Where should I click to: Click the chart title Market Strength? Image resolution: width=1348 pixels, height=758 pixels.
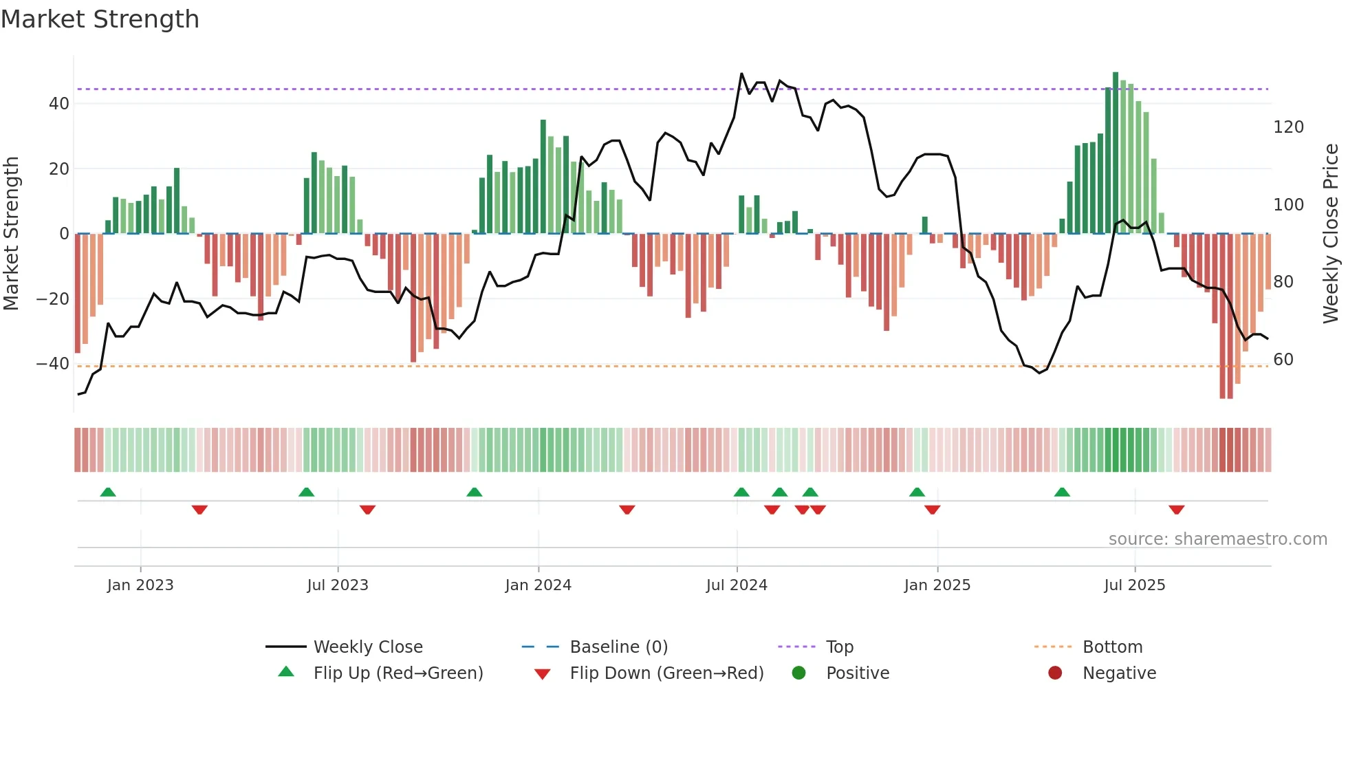[100, 19]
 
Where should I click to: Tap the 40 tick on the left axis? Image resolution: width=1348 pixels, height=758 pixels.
[59, 104]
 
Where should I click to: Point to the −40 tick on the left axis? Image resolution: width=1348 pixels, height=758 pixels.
[53, 364]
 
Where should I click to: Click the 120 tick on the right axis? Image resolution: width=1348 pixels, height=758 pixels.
[1288, 127]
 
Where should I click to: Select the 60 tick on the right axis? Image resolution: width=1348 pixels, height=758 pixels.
[1283, 360]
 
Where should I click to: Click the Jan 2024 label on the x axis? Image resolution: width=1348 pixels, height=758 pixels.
[538, 585]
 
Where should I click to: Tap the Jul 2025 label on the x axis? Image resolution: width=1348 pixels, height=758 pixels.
[1134, 585]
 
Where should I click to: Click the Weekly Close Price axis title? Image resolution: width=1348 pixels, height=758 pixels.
[1331, 234]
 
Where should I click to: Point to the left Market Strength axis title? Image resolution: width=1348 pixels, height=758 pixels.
[11, 234]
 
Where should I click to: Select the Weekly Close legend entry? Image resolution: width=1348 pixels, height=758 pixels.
[367, 647]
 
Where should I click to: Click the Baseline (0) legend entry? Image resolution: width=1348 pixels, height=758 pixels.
[618, 647]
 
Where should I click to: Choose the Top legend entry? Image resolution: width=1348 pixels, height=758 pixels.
[839, 647]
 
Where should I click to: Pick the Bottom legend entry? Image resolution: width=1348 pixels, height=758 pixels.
[1112, 647]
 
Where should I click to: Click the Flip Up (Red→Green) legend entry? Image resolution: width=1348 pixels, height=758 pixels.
[398, 673]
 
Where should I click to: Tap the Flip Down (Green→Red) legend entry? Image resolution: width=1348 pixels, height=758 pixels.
[666, 673]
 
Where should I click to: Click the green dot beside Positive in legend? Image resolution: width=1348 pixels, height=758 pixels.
[798, 673]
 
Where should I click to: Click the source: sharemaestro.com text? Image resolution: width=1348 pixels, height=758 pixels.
[1217, 539]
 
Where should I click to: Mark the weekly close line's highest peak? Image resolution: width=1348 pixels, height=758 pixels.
[741, 74]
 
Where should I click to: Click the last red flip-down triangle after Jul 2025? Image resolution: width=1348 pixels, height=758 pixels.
[1176, 510]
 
